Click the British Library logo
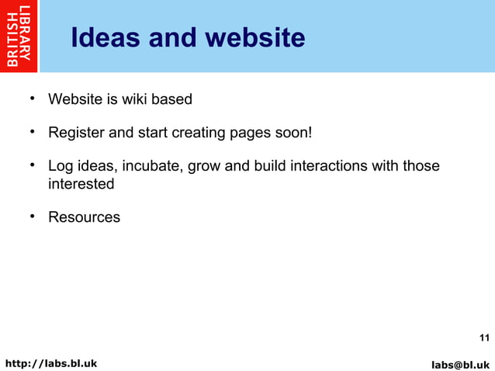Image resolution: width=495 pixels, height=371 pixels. pos(19,36)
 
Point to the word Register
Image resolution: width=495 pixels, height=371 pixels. pos(76,133)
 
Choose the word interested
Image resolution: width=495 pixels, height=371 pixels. pos(81,184)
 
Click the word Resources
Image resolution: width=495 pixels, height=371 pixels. pos(84,217)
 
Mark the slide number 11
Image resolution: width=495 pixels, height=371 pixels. pos(484,338)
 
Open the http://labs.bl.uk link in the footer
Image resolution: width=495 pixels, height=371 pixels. pos(51,362)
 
